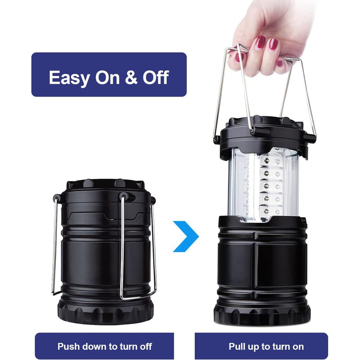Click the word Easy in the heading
(x=69, y=78)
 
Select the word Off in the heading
(x=156, y=77)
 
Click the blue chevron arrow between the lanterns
(x=186, y=236)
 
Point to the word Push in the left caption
(x=68, y=346)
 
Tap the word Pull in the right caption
(x=238, y=346)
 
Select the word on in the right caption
(x=298, y=347)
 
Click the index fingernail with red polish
(x=261, y=42)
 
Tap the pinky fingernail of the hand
(x=279, y=63)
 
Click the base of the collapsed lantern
(x=105, y=311)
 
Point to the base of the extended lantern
(x=262, y=314)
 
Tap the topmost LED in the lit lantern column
(x=266, y=160)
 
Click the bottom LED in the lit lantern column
(x=266, y=210)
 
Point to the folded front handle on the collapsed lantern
(x=138, y=247)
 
